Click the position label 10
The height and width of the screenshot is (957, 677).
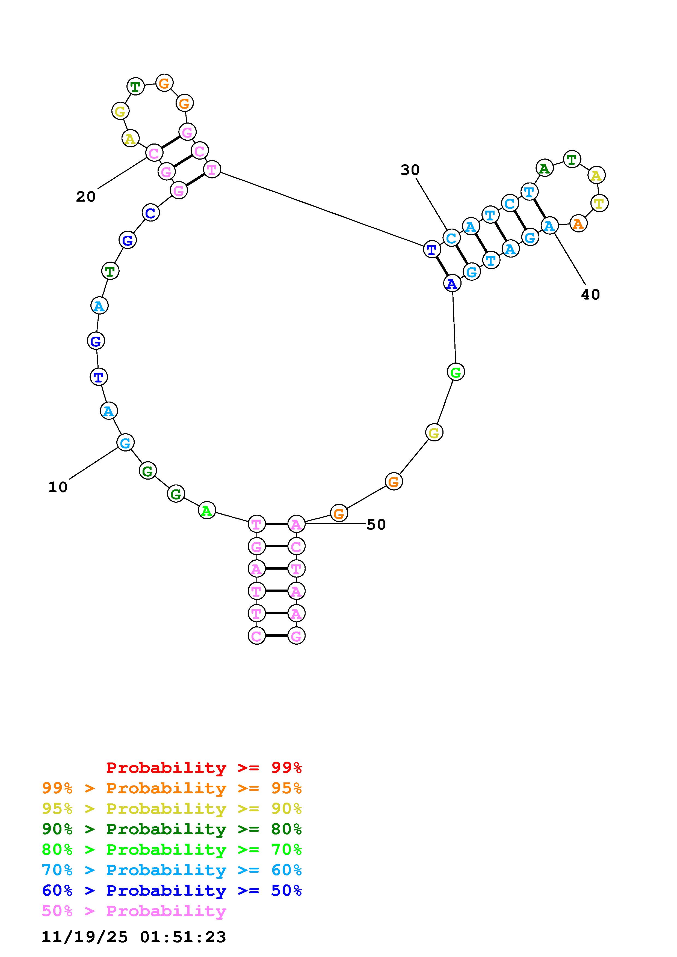click(58, 487)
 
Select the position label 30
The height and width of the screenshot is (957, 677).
click(410, 170)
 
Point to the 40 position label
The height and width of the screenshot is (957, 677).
click(590, 295)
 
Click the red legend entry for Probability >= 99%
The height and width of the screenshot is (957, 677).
click(204, 767)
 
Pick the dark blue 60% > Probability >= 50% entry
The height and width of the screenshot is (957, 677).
click(172, 890)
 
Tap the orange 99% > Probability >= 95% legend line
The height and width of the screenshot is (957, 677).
click(172, 788)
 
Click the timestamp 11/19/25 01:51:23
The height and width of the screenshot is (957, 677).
click(134, 937)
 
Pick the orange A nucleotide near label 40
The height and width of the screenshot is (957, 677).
click(578, 224)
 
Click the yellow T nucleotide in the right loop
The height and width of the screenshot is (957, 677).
click(599, 203)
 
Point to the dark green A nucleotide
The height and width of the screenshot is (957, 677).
click(544, 168)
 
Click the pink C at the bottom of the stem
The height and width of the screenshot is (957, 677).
click(256, 636)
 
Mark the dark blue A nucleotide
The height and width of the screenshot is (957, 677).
click(452, 284)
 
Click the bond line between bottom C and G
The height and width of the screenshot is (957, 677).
click(276, 636)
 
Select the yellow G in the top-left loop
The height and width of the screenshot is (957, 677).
click(120, 111)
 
